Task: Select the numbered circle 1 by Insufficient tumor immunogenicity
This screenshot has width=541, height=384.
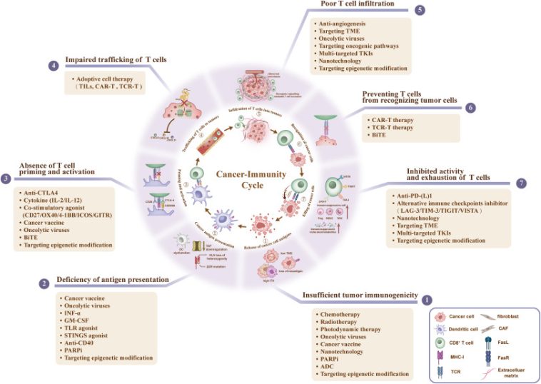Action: pyautogui.click(x=427, y=300)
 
